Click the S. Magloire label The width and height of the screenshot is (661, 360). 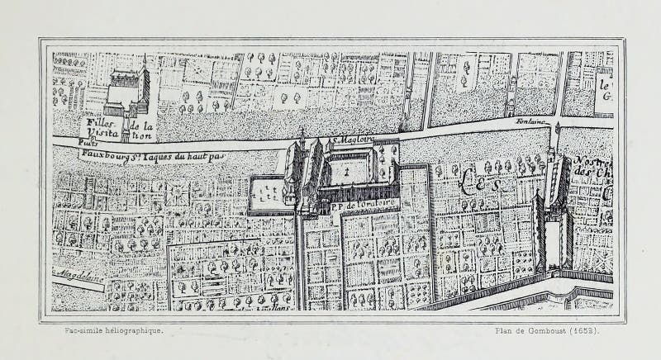pos(353,140)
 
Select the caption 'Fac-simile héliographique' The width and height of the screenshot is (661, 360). pos(113,331)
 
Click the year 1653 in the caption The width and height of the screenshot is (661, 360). pos(585,331)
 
